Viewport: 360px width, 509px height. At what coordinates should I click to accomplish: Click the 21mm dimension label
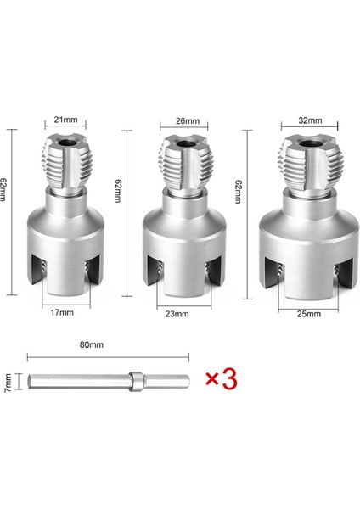pos(66,120)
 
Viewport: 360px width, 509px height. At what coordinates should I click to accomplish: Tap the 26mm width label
pos(188,120)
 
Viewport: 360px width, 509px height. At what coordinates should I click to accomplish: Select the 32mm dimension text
pos(310,120)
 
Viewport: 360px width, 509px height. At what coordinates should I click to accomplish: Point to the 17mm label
pos(62,312)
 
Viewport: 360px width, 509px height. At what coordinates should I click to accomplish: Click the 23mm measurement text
pos(177,314)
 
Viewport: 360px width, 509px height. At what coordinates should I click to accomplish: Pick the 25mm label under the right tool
pos(309,314)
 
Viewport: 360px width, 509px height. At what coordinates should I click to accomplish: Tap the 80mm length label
pos(92,344)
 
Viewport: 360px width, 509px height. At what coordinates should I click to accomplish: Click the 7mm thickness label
pos(8,383)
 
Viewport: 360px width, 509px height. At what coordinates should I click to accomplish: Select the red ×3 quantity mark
pos(222,379)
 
